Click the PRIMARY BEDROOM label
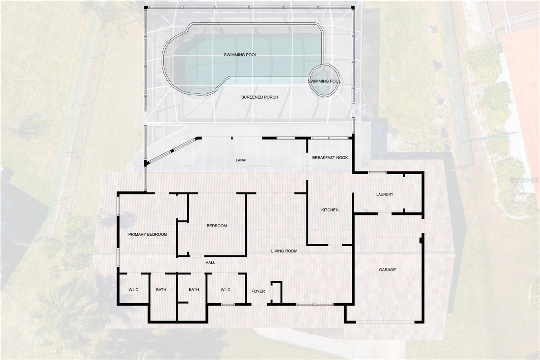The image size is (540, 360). tap(147, 234)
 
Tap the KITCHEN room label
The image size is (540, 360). tap(330, 210)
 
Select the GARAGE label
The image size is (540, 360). tap(387, 270)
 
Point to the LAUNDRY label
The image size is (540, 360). tap(385, 194)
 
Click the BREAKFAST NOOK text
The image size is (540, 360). tap(330, 158)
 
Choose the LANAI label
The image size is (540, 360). tap(241, 160)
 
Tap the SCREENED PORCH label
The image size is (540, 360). tap(260, 97)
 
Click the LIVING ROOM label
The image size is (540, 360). tap(284, 251)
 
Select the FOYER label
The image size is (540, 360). tap(258, 291)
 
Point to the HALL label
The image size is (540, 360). tap(210, 262)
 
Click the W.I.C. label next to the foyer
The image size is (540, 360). tap(226, 290)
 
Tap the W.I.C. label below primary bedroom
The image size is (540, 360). tap(134, 290)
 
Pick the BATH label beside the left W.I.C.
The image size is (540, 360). tap(161, 290)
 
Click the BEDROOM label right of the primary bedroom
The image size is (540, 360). tap(217, 226)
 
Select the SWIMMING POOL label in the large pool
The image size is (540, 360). tap(240, 55)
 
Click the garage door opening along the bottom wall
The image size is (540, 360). tap(385, 322)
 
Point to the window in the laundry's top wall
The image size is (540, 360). tap(377, 173)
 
